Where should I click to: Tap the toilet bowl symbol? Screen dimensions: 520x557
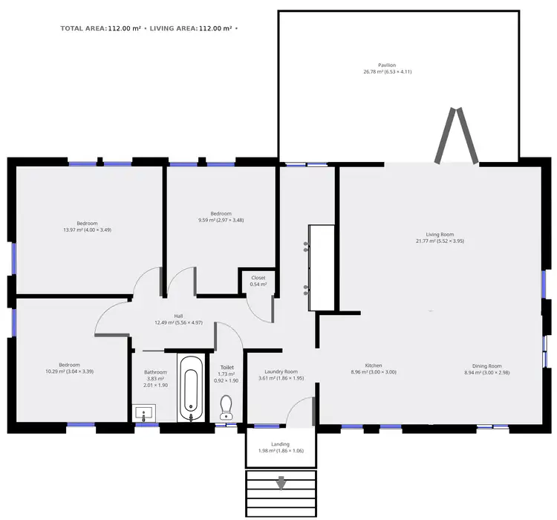tap(227, 407)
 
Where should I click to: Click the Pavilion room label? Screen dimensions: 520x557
tap(386, 65)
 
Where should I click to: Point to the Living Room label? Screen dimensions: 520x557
tap(439, 235)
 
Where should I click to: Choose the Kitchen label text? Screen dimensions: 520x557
tap(373, 365)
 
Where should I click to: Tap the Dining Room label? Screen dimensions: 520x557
tap(487, 365)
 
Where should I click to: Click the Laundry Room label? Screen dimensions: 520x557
tap(281, 371)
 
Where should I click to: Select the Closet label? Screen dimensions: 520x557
tap(258, 278)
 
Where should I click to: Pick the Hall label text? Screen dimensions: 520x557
tap(178, 316)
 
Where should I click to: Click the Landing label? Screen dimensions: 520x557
tap(280, 444)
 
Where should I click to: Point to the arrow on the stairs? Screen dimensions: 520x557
tap(281, 484)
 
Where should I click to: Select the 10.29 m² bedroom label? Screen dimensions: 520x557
tap(69, 365)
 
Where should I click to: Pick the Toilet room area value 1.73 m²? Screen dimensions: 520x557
tap(227, 374)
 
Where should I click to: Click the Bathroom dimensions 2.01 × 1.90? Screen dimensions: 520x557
tap(156, 386)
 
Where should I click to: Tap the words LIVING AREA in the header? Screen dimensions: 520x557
tap(173, 28)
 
